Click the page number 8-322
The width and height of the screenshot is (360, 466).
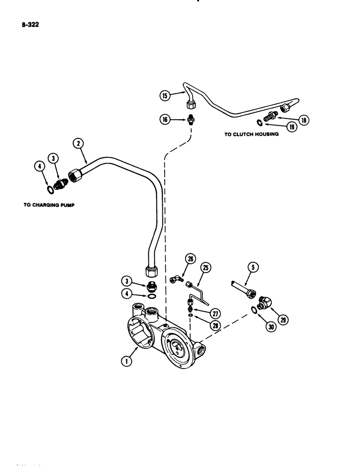pos(29,26)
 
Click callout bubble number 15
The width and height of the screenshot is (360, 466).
pos(164,96)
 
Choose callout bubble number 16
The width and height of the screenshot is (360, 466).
pos(164,120)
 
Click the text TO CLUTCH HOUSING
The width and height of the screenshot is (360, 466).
pos(251,134)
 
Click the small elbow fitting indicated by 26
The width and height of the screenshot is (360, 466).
pos(175,279)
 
